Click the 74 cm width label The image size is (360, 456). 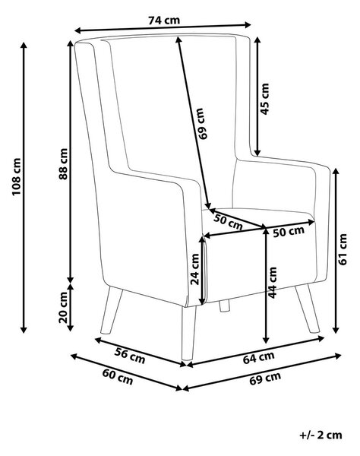(x=164, y=21)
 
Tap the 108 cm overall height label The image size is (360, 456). (x=16, y=176)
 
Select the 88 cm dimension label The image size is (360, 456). (x=63, y=163)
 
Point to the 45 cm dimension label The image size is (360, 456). (x=265, y=99)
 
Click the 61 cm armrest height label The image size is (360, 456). (x=343, y=249)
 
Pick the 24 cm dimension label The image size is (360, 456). (x=194, y=269)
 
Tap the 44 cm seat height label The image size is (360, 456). (x=273, y=283)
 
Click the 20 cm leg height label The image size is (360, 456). (x=63, y=307)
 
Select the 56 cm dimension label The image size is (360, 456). (x=130, y=356)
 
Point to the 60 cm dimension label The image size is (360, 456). (x=118, y=377)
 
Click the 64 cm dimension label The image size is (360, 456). (x=258, y=357)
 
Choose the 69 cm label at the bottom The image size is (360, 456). (x=265, y=378)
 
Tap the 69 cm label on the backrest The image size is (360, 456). (x=200, y=124)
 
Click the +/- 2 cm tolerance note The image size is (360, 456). (x=321, y=435)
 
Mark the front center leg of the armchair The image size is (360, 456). (x=188, y=333)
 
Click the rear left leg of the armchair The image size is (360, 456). (x=112, y=310)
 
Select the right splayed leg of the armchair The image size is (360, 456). (x=307, y=309)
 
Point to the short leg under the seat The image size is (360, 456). (x=224, y=306)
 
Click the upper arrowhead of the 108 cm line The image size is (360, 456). (x=24, y=46)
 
